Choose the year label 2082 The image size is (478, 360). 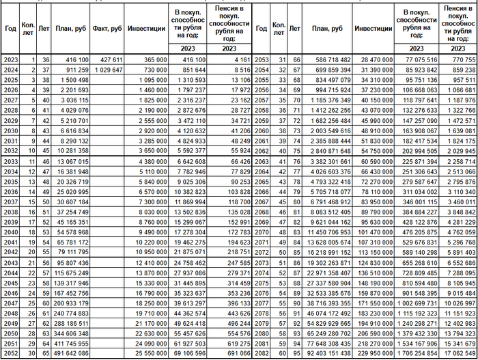[262, 353]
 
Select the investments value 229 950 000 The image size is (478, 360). [373, 353]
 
